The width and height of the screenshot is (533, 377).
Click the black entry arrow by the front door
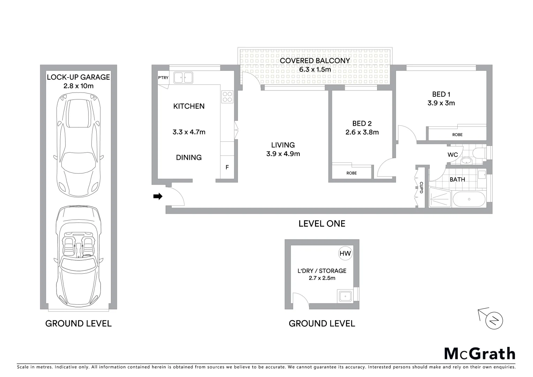click(158, 197)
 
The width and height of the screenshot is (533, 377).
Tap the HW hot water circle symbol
click(345, 253)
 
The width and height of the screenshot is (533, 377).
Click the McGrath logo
click(480, 354)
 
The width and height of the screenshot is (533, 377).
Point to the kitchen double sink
click(183, 77)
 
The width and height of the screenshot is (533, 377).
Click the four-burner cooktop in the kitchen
click(227, 97)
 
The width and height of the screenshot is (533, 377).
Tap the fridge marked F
click(227, 168)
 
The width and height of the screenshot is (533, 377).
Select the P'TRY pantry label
click(163, 77)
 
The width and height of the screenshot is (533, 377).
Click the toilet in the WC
click(479, 152)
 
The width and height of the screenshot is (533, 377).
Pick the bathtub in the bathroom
click(469, 199)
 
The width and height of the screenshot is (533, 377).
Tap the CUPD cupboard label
click(421, 187)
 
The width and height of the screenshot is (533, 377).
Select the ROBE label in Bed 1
click(457, 135)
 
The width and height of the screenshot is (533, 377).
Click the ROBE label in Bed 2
click(351, 173)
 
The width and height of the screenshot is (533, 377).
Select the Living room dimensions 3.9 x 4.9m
click(283, 154)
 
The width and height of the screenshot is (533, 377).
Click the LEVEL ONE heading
click(322, 224)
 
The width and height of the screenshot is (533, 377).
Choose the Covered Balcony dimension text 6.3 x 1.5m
click(315, 69)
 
